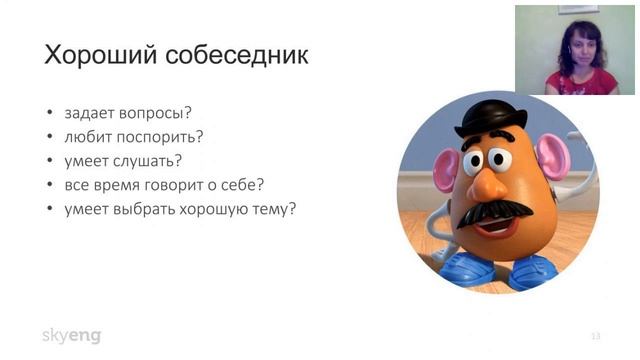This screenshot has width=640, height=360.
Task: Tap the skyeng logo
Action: point(71,335)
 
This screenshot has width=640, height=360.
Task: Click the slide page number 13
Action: point(596,335)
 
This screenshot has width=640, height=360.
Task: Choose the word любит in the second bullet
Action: point(85,137)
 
